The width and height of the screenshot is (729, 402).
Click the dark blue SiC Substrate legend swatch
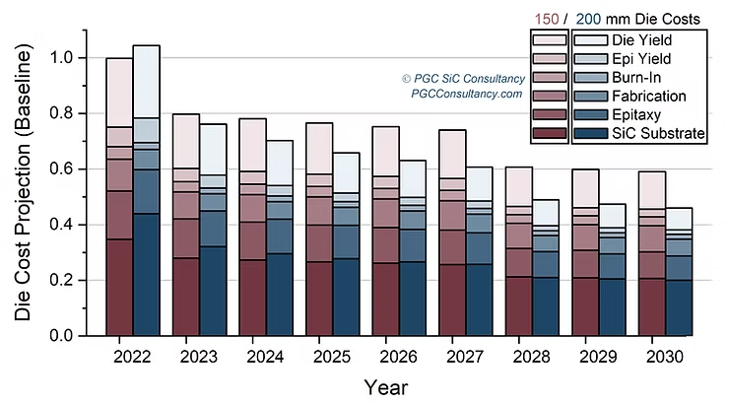tap(589, 132)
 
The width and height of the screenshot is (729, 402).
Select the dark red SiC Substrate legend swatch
tap(549, 132)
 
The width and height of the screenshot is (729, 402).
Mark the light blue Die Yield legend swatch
tap(589, 40)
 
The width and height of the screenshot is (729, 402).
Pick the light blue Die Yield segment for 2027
tap(480, 183)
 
